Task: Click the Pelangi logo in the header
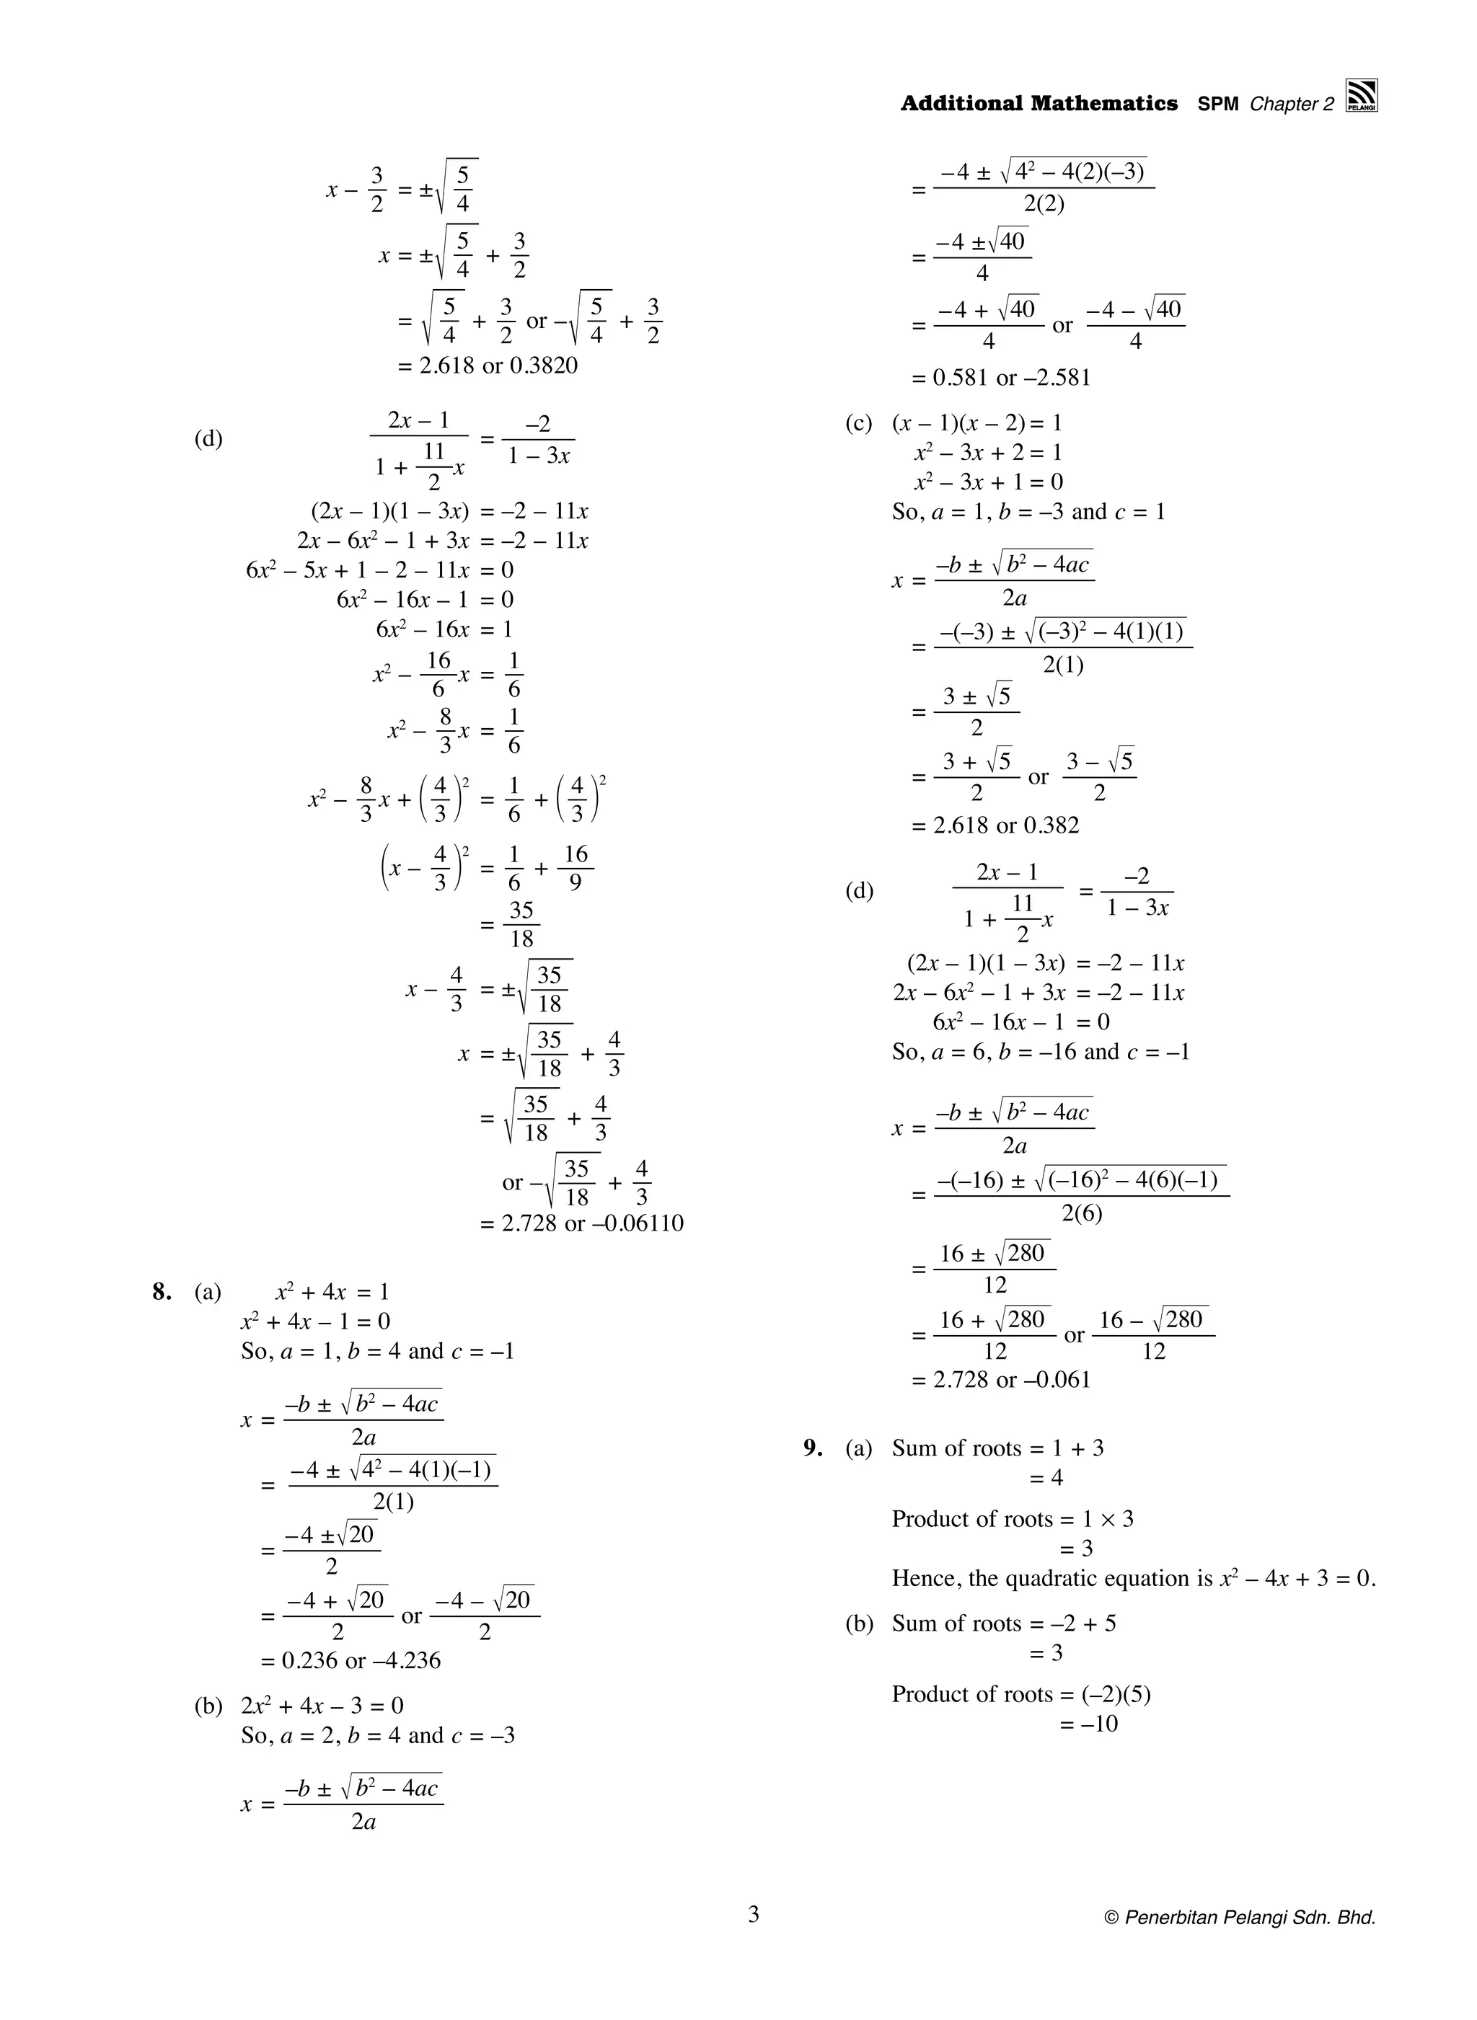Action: click(x=1361, y=96)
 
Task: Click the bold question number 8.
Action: click(x=162, y=1292)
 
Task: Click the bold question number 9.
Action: click(x=812, y=1448)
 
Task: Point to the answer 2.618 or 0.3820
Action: click(x=488, y=366)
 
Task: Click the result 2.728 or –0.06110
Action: click(x=581, y=1223)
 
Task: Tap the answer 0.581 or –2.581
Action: click(x=1000, y=377)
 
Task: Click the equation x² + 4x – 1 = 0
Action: click(x=314, y=1321)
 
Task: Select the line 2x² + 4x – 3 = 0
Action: click(x=322, y=1706)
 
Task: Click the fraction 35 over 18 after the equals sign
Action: click(x=521, y=924)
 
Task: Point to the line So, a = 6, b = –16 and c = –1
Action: click(x=1041, y=1051)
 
